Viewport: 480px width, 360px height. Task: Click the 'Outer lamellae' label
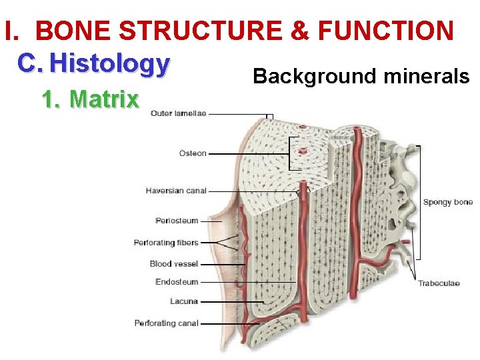click(x=178, y=113)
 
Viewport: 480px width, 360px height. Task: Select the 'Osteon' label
click(x=193, y=153)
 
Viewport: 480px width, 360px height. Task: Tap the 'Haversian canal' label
click(x=176, y=191)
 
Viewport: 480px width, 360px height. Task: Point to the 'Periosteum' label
click(x=177, y=221)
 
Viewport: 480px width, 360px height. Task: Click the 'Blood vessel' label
click(x=174, y=264)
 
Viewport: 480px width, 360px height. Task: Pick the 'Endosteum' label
click(x=177, y=282)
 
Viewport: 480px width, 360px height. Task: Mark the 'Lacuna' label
click(x=184, y=301)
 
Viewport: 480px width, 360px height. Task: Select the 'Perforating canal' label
click(x=167, y=323)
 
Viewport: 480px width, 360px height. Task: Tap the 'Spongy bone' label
click(x=448, y=202)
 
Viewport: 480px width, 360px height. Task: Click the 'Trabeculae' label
click(x=439, y=283)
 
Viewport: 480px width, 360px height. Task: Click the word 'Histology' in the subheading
click(x=110, y=63)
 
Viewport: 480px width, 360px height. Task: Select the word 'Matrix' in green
click(x=104, y=99)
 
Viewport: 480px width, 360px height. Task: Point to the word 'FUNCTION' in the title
click(x=387, y=30)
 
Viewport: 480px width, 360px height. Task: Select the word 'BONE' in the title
click(x=69, y=30)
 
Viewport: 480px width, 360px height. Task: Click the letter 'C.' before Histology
click(x=31, y=63)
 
